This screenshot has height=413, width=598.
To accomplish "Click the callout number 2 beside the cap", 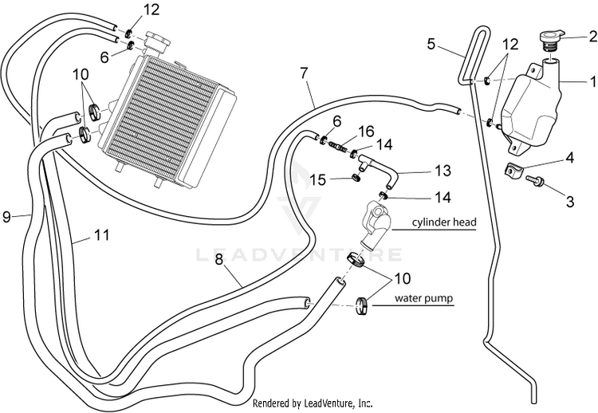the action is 592,37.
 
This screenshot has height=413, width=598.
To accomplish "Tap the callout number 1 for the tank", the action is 592,81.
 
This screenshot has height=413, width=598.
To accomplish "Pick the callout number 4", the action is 569,158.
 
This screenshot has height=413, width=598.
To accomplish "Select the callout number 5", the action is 431,44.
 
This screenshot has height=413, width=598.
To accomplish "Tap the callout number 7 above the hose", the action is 304,73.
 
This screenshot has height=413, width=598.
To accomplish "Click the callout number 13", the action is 443,171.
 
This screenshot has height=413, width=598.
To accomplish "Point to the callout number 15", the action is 318,179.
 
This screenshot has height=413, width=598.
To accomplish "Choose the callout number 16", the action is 366,132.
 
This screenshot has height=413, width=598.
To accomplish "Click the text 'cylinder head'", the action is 444,222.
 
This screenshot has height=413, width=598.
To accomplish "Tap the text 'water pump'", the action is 423,297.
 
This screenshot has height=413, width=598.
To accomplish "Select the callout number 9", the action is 6,217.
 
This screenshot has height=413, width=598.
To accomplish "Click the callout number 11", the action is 102,235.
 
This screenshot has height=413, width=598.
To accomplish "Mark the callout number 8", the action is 218,260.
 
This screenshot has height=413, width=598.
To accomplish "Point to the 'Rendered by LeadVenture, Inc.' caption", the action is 313,403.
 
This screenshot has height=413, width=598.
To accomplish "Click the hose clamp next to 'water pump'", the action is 363,306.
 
